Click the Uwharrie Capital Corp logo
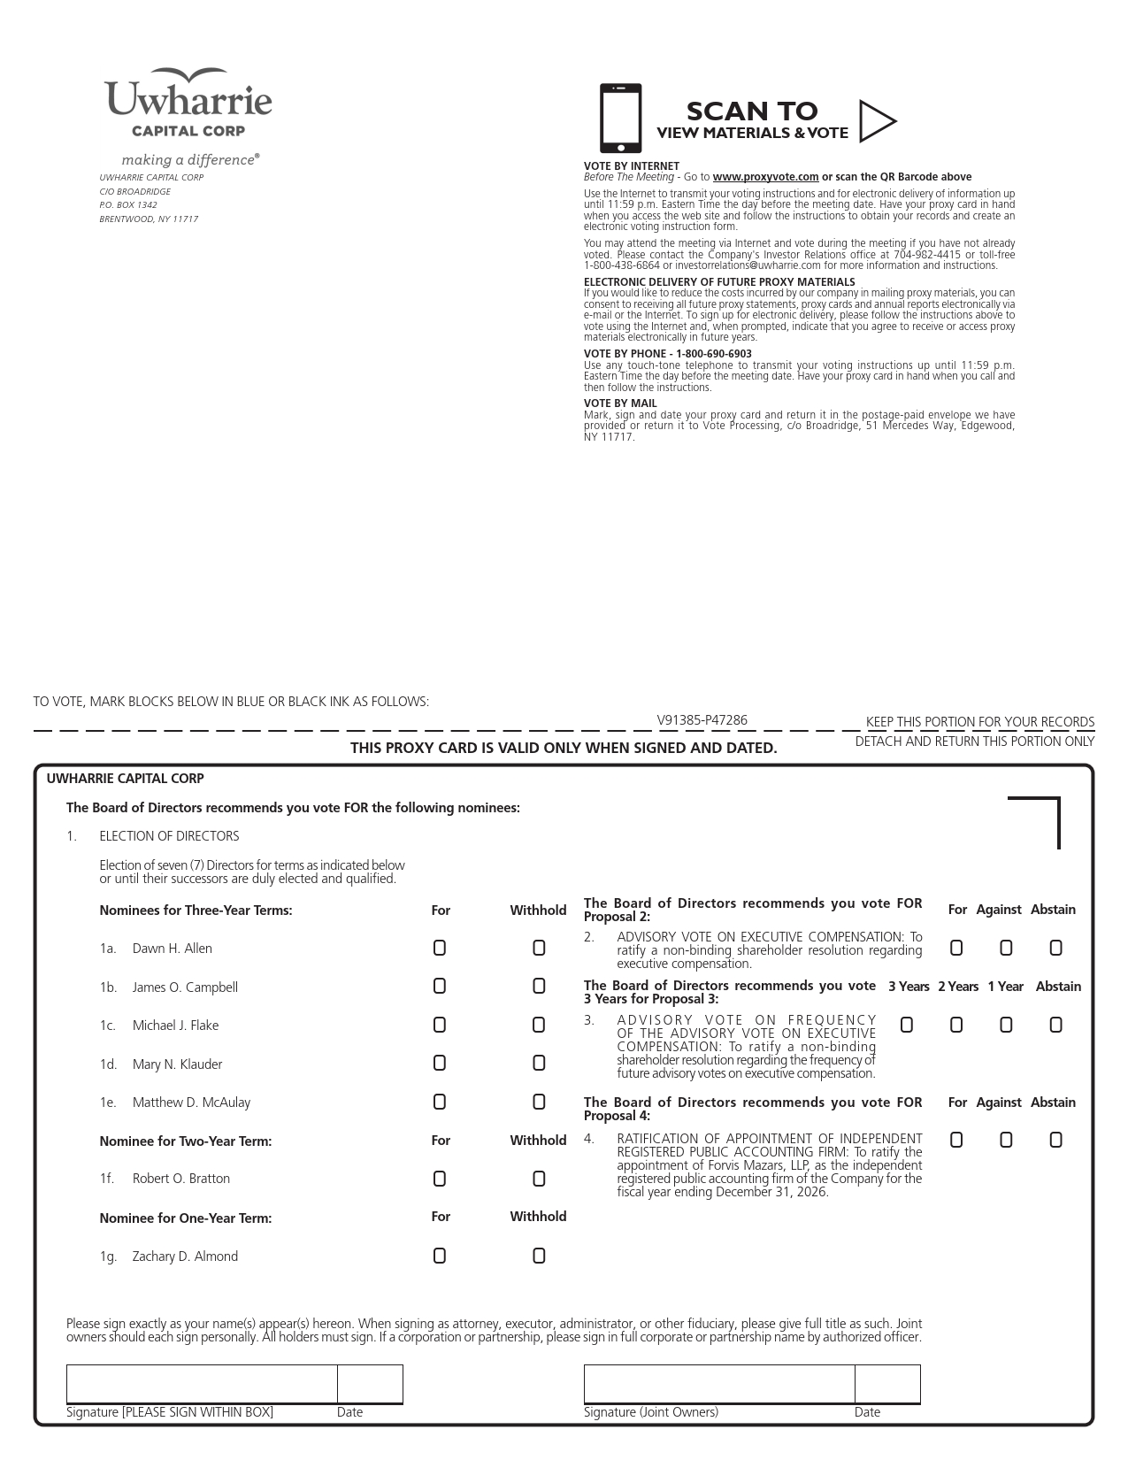188,104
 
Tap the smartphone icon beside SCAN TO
620,119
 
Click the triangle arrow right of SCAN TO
877,121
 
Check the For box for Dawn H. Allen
440,948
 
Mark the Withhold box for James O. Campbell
539,987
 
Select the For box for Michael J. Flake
440,1025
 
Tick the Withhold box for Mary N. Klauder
539,1064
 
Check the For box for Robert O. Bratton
440,1179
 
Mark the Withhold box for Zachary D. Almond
539,1256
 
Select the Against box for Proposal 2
1006,948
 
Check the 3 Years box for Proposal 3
907,1025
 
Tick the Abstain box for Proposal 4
1055,1140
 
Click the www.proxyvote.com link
765,177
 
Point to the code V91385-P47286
702,720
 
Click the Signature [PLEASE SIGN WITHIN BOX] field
202,1384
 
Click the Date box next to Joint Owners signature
887,1384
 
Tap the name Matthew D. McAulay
191,1103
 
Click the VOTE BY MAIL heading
620,403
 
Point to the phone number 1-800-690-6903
714,354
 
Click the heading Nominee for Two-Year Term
186,1141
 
